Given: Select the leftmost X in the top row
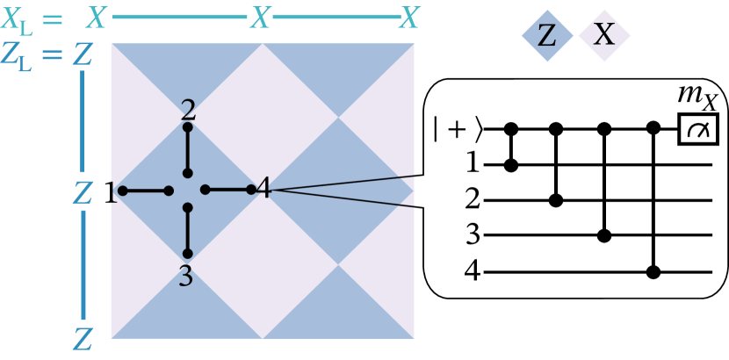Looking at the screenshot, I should click(x=96, y=18).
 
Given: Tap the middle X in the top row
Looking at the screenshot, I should click(x=260, y=18).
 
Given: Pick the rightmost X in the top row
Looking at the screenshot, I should click(x=409, y=18).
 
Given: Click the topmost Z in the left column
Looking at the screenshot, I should click(x=83, y=55).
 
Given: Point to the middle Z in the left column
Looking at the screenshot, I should click(x=83, y=193).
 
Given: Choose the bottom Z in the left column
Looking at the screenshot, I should click(x=83, y=339).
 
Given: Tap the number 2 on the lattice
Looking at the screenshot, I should click(x=188, y=110).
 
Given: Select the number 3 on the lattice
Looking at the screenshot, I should click(x=185, y=277).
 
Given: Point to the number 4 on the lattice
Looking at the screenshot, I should click(x=263, y=188).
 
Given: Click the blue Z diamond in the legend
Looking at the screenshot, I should click(x=547, y=36).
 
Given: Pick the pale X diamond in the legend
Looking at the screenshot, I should click(x=604, y=35).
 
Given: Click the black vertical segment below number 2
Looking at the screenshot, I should click(x=187, y=150).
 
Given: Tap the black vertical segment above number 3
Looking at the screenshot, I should click(x=187, y=230).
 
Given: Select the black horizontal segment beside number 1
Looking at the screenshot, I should click(x=145, y=191).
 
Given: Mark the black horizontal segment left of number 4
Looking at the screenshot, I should click(x=227, y=189).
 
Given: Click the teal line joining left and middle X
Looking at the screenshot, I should click(x=179, y=17).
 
